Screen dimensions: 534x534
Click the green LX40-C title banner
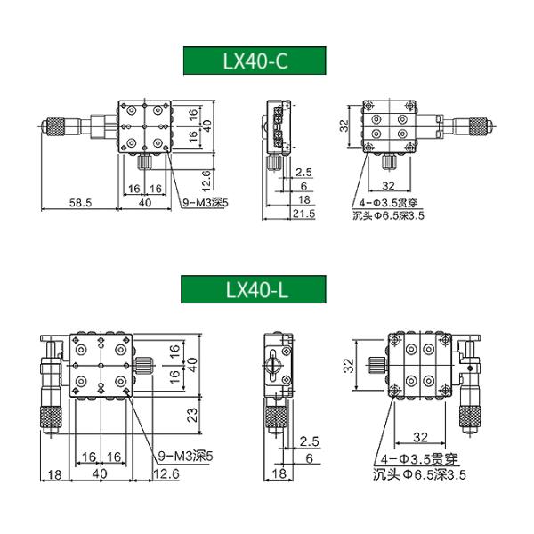click(255, 61)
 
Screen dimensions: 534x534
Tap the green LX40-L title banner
click(254, 289)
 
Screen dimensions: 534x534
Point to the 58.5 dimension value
click(81, 203)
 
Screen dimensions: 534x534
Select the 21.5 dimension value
click(303, 214)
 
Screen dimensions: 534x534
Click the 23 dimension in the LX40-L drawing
click(192, 415)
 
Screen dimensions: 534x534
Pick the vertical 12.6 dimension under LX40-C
click(206, 181)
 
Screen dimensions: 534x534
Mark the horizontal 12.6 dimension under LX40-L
click(166, 473)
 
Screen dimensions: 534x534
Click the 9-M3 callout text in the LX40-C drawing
click(206, 203)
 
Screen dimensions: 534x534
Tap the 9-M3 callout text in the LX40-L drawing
click(186, 456)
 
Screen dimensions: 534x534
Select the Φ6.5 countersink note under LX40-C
click(389, 215)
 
